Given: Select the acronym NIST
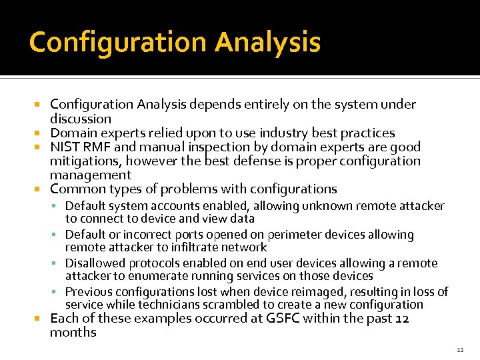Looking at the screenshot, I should (x=65, y=147).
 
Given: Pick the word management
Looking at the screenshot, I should (x=91, y=175).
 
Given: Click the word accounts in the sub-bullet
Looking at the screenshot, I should (x=175, y=206).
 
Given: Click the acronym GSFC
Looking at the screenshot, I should (x=283, y=318).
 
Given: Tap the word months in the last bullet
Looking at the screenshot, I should (x=73, y=332).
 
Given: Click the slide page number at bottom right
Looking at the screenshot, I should (x=460, y=349).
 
